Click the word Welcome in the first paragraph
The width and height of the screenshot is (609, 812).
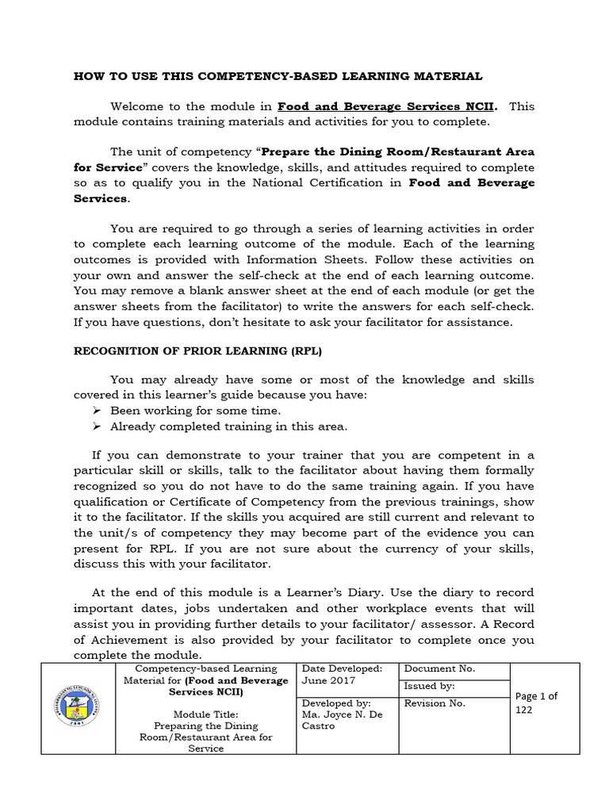click(x=137, y=106)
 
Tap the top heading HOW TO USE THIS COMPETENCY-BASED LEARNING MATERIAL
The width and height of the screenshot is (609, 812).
click(x=278, y=76)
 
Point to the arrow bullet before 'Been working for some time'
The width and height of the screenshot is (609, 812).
click(x=96, y=411)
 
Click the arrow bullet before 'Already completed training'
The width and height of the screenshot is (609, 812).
click(x=96, y=426)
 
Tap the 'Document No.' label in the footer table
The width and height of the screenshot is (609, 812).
click(x=439, y=668)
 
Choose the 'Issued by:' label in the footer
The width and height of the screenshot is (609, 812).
click(x=429, y=686)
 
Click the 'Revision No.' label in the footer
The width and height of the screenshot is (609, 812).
click(x=435, y=703)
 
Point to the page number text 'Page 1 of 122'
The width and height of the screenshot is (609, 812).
click(x=537, y=703)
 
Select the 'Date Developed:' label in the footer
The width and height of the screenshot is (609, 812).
click(x=343, y=668)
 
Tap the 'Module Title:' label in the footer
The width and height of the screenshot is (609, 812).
click(x=205, y=714)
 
